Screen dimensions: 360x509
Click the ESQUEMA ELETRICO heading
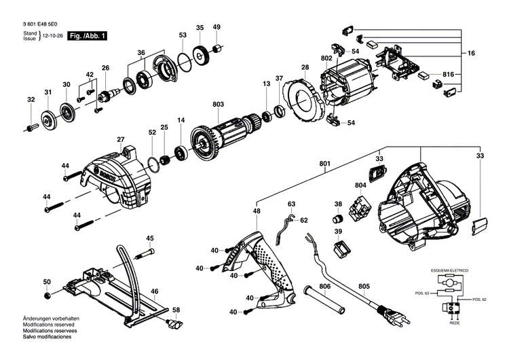tap(451, 270)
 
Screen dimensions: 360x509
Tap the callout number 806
tap(325, 287)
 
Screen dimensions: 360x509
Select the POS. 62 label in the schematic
tap(480, 300)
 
